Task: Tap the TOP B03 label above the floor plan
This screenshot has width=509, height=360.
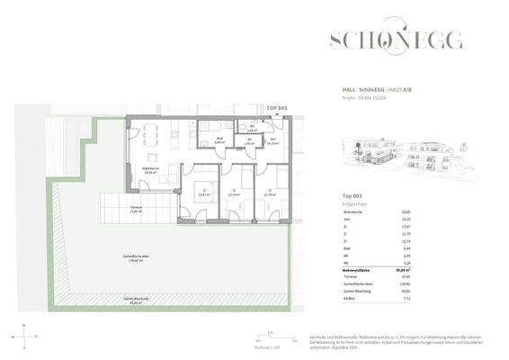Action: tap(277, 108)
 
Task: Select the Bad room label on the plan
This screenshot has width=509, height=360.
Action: tap(219, 140)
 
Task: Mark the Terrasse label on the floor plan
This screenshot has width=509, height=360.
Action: tap(138, 209)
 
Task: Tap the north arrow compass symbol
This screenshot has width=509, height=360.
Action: tap(26, 337)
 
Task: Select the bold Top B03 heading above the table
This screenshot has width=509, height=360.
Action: tap(353, 195)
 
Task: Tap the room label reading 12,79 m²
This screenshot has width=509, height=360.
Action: tap(269, 193)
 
